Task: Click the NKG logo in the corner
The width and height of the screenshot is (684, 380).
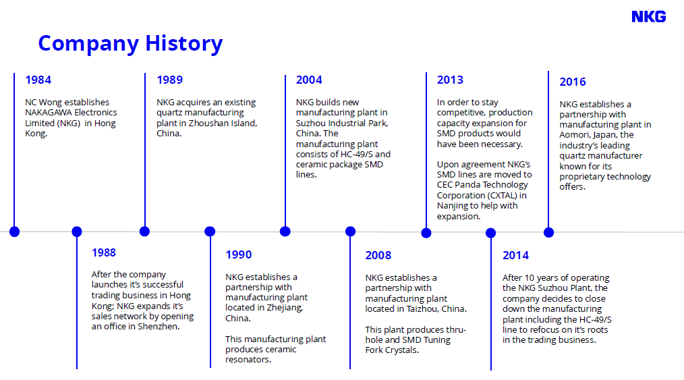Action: [649, 17]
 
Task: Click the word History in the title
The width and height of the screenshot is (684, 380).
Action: [183, 44]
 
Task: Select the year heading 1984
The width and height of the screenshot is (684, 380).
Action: [38, 80]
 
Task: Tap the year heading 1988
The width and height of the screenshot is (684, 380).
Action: [103, 252]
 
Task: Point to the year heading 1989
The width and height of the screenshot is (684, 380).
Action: [170, 80]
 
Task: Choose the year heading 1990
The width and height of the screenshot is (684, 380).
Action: [239, 254]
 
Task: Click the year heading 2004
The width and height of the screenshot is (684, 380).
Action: [309, 80]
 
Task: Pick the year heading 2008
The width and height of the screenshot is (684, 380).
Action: [378, 255]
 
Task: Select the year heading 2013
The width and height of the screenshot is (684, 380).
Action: [450, 80]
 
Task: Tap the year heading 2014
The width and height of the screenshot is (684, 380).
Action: [515, 255]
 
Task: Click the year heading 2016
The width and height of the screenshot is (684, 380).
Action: [573, 82]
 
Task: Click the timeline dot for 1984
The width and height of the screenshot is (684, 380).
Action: [14, 232]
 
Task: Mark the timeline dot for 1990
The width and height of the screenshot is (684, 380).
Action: [210, 232]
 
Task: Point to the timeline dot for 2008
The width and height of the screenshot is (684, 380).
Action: [350, 232]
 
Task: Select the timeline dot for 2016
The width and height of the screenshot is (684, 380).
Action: [549, 233]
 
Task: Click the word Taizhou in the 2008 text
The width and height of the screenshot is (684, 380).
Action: [422, 309]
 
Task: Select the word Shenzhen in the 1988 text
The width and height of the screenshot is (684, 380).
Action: [159, 326]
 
